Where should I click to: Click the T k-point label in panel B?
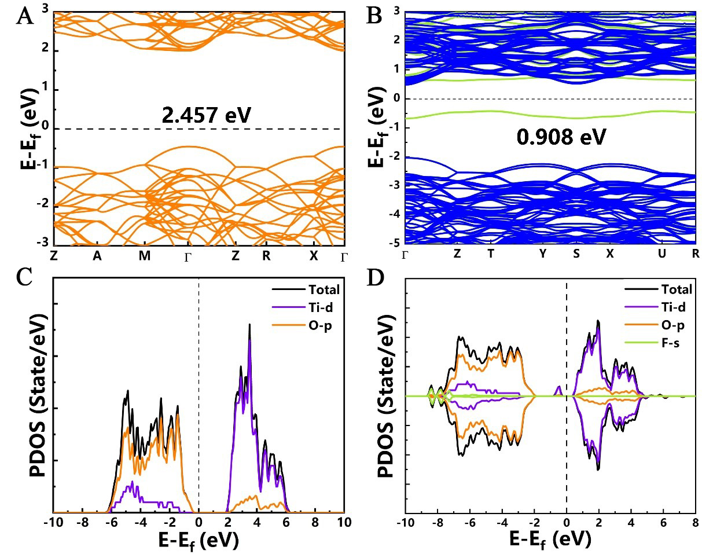click(x=491, y=254)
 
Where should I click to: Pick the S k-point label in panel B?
click(x=576, y=254)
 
